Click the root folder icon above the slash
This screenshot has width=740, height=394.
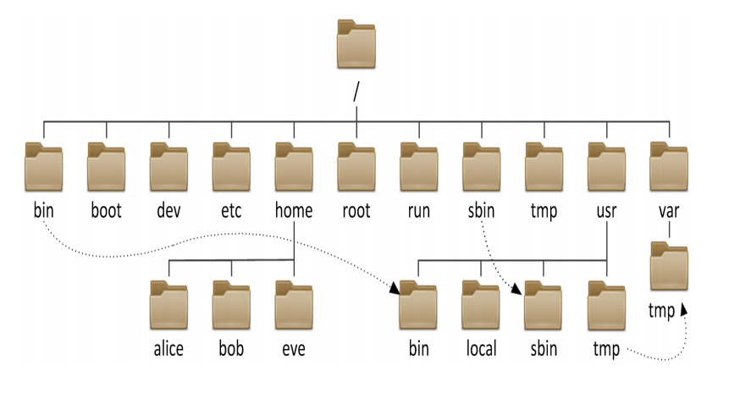click(x=356, y=47)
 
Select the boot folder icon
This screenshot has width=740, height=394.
click(x=106, y=166)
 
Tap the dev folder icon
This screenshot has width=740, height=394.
click(x=168, y=166)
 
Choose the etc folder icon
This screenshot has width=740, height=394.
click(x=231, y=166)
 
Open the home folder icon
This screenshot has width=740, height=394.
click(x=294, y=166)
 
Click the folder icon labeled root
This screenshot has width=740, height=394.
click(x=356, y=166)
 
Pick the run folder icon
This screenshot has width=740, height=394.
click(x=419, y=166)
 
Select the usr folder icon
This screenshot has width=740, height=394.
click(x=607, y=166)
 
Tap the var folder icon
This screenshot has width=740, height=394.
click(x=670, y=166)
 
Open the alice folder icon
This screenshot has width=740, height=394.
click(x=168, y=305)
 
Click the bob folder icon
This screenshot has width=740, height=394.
click(x=231, y=305)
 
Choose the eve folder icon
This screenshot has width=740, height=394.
click(x=294, y=305)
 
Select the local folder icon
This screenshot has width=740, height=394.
click(x=481, y=305)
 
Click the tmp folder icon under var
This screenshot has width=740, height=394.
click(x=670, y=267)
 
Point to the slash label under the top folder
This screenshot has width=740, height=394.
click(x=356, y=92)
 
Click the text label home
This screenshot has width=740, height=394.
click(x=294, y=211)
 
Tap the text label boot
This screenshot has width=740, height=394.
click(x=106, y=211)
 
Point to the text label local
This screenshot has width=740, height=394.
click(x=481, y=349)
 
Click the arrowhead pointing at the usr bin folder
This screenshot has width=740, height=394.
click(x=395, y=290)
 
